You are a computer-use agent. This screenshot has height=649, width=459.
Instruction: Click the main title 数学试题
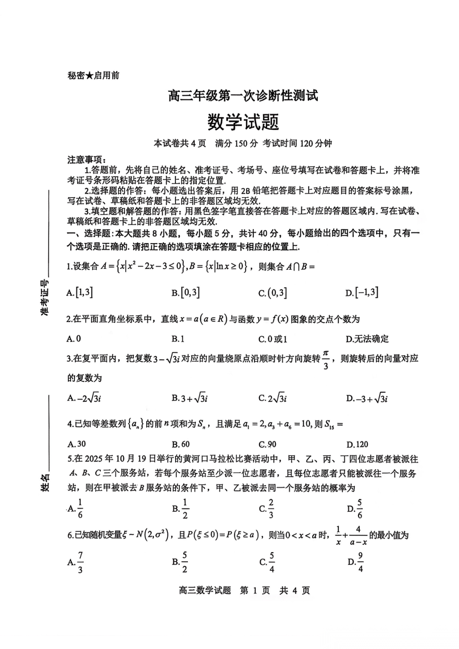pyautogui.click(x=243, y=122)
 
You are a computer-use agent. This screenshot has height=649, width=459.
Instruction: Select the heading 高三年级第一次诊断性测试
pyautogui.click(x=243, y=96)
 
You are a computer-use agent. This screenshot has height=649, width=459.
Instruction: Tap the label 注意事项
pyautogui.click(x=85, y=160)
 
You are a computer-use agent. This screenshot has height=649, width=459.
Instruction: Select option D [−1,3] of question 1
pyautogui.click(x=362, y=292)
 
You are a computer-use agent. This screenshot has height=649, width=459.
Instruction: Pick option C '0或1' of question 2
pyautogui.click(x=273, y=339)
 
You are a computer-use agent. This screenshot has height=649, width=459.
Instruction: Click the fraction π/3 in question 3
pyautogui.click(x=326, y=360)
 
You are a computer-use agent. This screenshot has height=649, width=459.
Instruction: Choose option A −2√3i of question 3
pyautogui.click(x=84, y=398)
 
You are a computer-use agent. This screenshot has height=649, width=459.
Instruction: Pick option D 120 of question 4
pyautogui.click(x=357, y=444)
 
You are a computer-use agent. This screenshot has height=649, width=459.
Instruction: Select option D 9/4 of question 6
pyautogui.click(x=356, y=562)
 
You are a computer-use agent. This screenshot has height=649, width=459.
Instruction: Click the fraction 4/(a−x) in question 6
pyautogui.click(x=358, y=536)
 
